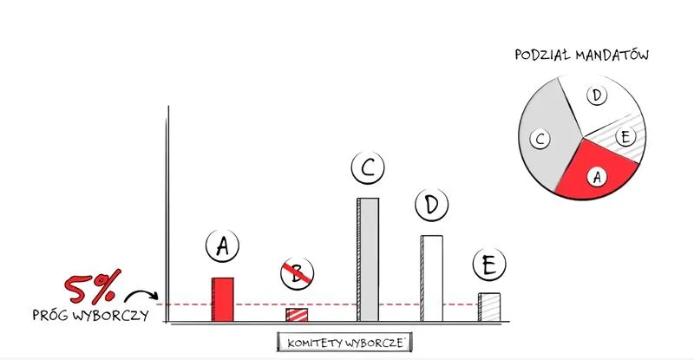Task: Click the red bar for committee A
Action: (223, 299)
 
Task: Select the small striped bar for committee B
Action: (297, 315)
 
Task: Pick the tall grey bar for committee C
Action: (368, 259)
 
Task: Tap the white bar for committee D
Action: (431, 278)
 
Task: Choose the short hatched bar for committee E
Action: (489, 307)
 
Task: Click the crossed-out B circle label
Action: (297, 273)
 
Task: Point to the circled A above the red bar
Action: (223, 245)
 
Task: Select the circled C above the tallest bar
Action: (368, 167)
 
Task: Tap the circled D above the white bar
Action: (431, 205)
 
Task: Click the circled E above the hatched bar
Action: (489, 265)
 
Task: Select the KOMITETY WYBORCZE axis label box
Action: (344, 343)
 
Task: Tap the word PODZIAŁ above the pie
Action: (543, 55)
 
